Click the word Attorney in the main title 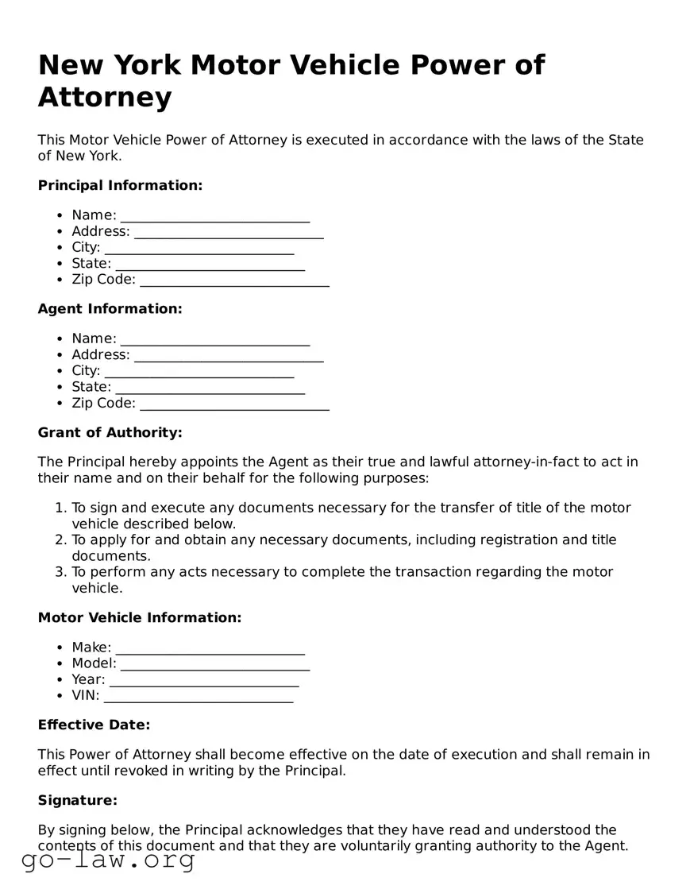coord(105,98)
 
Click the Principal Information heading coord(120,185)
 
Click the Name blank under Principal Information coord(214,216)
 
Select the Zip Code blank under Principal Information coord(234,280)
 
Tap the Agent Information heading coord(110,308)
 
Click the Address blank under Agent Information coord(229,355)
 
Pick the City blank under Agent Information coord(199,371)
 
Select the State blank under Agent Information coord(210,388)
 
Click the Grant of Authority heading coord(110,432)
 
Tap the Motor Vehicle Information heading coord(139,617)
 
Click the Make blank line coord(210,648)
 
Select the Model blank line coord(214,664)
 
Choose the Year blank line coord(204,680)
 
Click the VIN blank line coord(199,697)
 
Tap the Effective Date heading coord(94,725)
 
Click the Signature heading coord(77,800)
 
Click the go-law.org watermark coord(108,860)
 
